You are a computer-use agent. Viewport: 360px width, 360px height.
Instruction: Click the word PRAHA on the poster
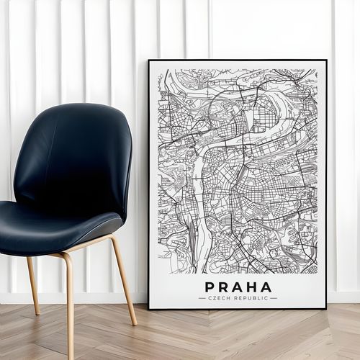[x=238, y=287]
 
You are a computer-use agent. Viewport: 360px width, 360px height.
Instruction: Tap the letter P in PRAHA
[x=210, y=287]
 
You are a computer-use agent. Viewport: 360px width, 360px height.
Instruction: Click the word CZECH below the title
[x=219, y=297]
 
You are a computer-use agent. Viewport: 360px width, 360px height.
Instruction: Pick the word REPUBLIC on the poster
[x=249, y=297]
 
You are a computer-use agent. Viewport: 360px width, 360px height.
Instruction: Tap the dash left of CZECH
[x=202, y=297]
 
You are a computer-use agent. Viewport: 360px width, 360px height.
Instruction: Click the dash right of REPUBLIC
[x=274, y=297]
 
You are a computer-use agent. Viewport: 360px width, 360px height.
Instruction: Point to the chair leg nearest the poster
[x=124, y=281]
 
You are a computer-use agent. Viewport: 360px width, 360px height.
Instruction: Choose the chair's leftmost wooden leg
[x=33, y=284]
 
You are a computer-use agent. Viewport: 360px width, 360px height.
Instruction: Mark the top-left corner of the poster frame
[x=149, y=61]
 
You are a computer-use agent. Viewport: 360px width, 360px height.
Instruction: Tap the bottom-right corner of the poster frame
[x=325, y=308]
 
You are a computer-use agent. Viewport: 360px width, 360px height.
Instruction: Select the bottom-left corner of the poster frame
[x=150, y=308]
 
